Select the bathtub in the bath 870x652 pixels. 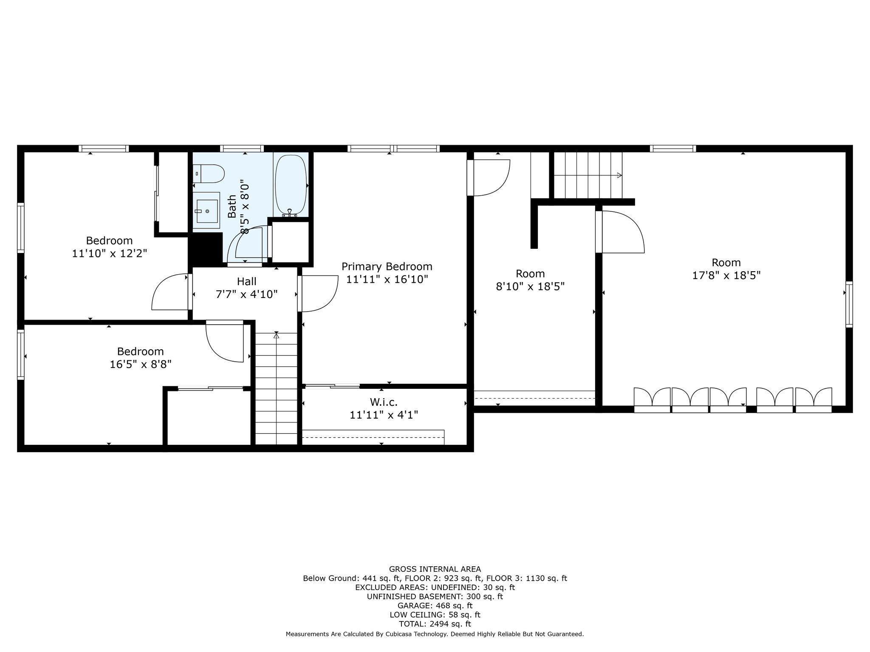point(291,185)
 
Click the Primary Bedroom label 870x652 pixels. point(387,267)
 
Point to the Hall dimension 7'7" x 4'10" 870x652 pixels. point(247,294)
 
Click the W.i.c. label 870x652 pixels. point(384,402)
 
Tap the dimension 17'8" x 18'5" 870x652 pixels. point(726,275)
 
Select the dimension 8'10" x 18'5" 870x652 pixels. point(530,287)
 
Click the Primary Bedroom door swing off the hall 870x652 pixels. point(318,294)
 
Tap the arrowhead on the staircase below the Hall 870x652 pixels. point(277,335)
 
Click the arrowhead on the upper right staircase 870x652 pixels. point(619,175)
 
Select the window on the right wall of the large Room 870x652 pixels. point(849,304)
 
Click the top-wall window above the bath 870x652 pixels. point(242,149)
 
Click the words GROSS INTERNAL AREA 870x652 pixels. point(435,569)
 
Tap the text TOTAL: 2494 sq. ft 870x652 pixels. point(435,624)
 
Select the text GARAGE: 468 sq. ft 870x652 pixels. point(435,606)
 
